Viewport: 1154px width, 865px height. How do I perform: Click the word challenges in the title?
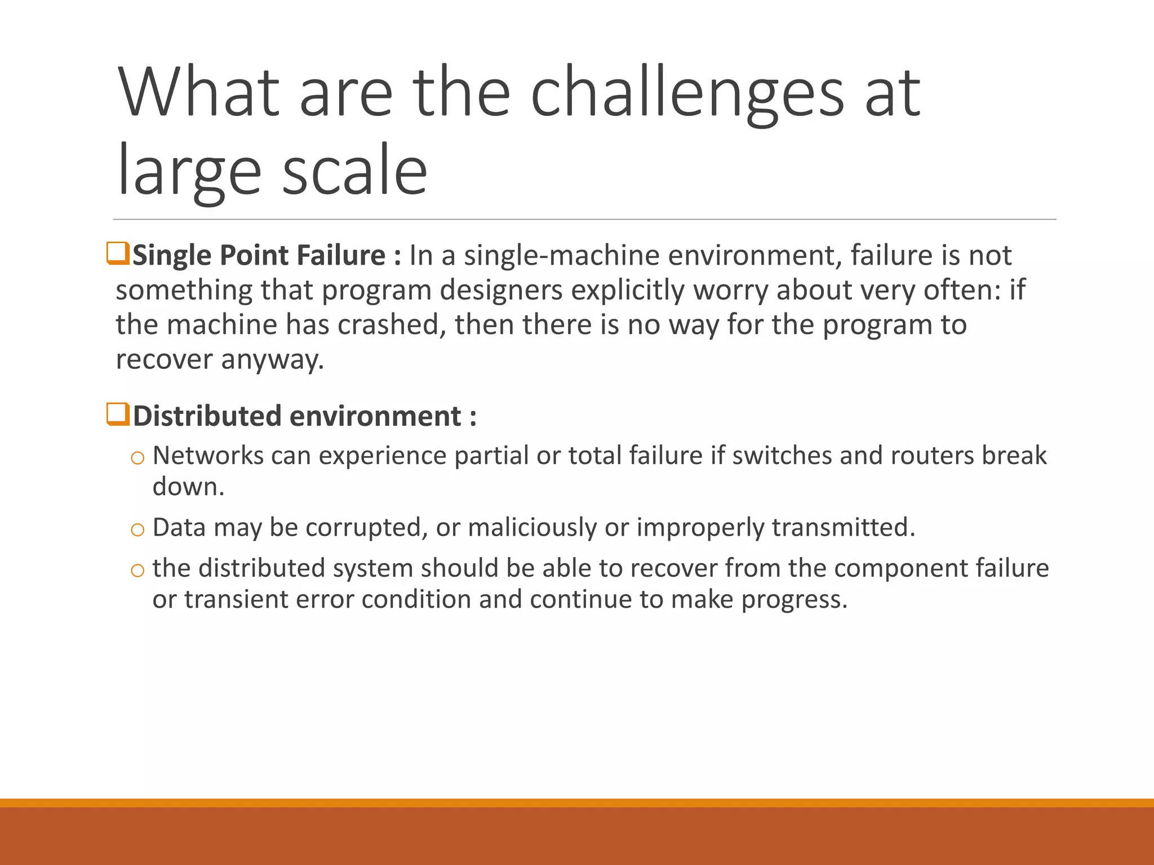click(686, 93)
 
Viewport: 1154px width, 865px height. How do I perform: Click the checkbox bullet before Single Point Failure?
click(118, 253)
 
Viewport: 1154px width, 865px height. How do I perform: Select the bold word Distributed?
click(207, 416)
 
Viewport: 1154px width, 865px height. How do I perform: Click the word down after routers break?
click(188, 487)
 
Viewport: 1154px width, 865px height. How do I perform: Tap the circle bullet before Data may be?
click(137, 529)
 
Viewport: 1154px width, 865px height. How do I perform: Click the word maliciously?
click(532, 528)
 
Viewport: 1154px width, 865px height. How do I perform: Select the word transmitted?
click(843, 528)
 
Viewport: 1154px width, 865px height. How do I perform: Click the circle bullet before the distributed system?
click(137, 570)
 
